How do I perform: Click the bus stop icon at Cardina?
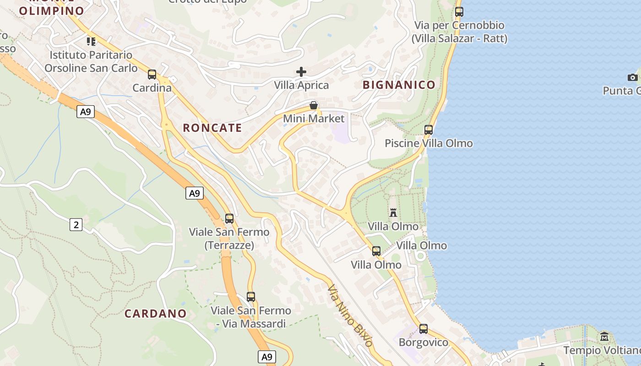152,75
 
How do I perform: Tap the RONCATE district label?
212,128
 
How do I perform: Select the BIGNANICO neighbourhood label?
399,85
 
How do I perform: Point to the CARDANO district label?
156,313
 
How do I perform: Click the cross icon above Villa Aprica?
301,71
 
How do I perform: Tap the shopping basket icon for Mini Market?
314,106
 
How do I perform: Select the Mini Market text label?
314,118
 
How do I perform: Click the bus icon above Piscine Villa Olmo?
429,130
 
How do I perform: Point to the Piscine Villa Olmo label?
429,143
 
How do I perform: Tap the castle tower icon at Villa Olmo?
393,212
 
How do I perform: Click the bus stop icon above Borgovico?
424,329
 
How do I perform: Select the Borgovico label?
424,342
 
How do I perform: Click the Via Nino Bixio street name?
350,316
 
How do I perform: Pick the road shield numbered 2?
76,225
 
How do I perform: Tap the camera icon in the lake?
633,77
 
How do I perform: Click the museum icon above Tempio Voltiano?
604,337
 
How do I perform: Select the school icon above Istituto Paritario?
91,42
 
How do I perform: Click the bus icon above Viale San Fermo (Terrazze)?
229,219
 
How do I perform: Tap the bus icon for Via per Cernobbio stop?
459,12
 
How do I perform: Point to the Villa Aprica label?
301,85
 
